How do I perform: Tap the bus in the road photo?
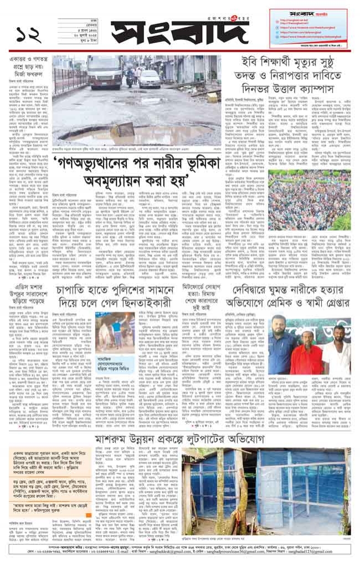tap(104, 71)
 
